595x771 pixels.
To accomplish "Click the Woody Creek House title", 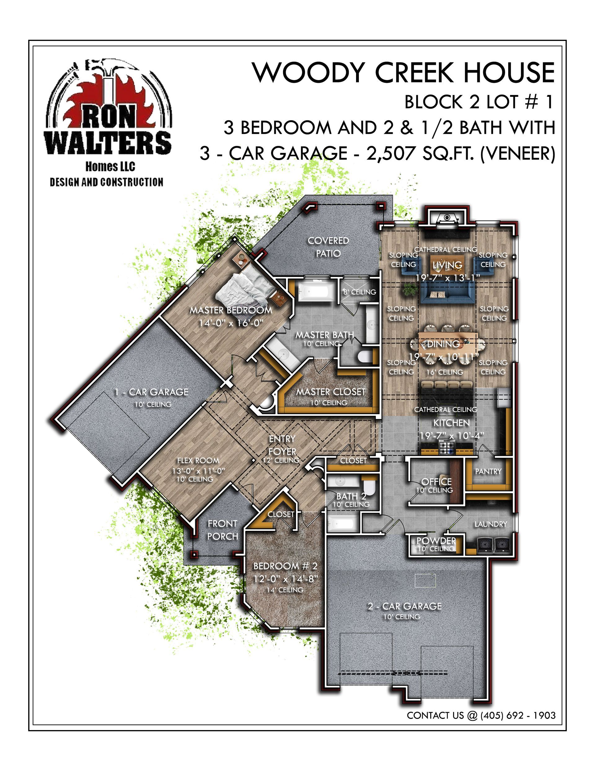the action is point(403,72).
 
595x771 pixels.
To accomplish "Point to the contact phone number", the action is point(518,715).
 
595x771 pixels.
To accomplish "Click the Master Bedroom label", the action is point(231,310).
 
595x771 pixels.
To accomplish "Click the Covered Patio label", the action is point(328,247).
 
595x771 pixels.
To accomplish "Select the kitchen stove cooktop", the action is point(447,448).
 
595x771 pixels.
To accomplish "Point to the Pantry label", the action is point(488,471).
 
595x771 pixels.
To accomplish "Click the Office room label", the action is point(436,482).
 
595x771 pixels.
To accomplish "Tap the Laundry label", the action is point(491,524).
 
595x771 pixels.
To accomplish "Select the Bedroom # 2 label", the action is point(285,566).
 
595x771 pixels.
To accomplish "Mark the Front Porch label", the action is point(223,530).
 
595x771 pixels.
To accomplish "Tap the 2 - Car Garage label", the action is point(404,606).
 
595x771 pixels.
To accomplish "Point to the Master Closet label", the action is point(330,392).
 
